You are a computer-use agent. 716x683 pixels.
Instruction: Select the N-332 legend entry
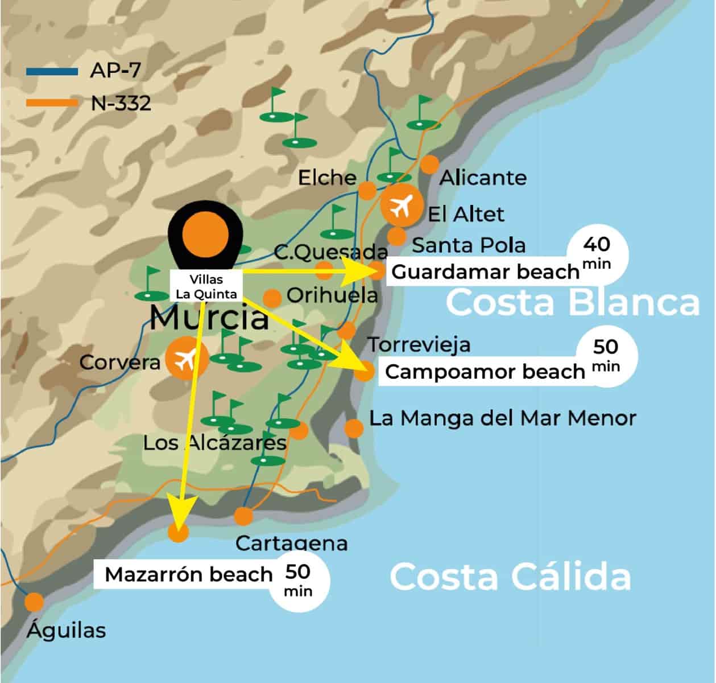[x=88, y=103]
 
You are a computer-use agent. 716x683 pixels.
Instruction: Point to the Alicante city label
[x=483, y=178]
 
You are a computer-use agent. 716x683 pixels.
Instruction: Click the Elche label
[x=327, y=178]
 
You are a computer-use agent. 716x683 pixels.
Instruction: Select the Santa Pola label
[x=468, y=245]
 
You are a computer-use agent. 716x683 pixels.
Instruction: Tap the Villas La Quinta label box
[x=206, y=286]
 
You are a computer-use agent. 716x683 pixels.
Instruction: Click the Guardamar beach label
[x=485, y=272]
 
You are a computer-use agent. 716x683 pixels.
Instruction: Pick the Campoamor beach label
[x=485, y=372]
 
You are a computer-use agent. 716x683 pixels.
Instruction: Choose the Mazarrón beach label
[x=189, y=574]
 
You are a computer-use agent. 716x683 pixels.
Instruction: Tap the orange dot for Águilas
[x=35, y=602]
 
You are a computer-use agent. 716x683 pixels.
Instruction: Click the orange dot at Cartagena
[x=243, y=516]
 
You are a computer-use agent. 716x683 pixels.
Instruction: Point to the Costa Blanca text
[x=572, y=302]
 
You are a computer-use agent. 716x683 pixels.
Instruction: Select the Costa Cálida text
[x=510, y=577]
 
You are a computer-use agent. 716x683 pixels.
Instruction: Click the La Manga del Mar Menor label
[x=502, y=418]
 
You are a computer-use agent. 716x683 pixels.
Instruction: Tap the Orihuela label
[x=332, y=295]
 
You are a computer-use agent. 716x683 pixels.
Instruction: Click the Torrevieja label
[x=419, y=344]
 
